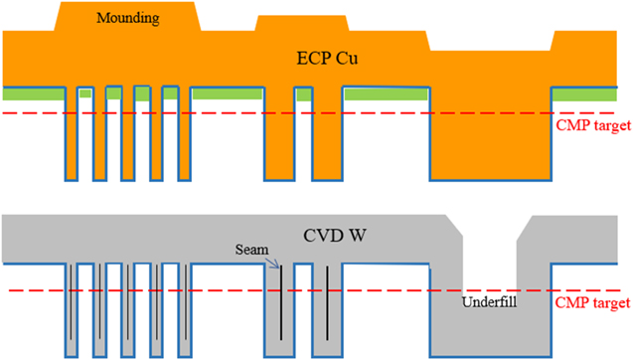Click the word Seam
(x=251, y=251)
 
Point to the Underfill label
(x=488, y=300)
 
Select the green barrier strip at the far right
(x=590, y=93)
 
